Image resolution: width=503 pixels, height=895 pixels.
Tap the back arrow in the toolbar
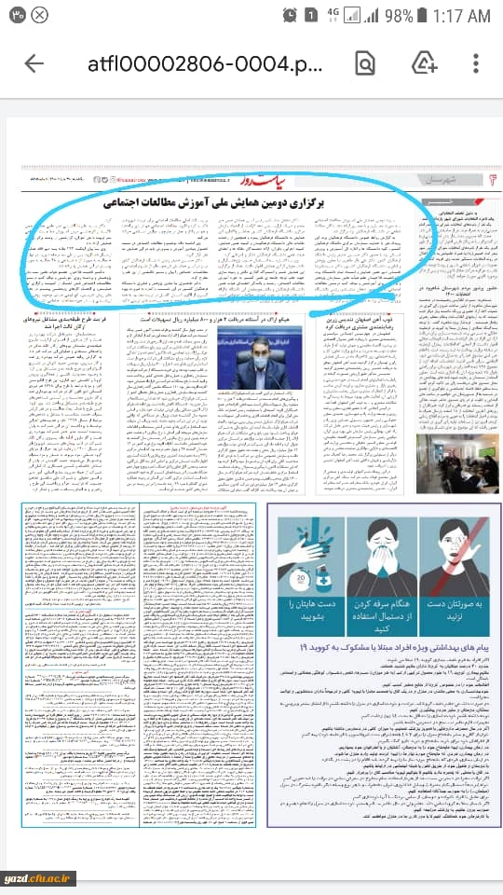34,63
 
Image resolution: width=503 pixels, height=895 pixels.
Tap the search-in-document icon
365,63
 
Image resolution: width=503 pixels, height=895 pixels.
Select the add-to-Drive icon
425,62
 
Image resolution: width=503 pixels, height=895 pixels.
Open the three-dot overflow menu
477,63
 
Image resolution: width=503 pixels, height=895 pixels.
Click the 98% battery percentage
397,16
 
